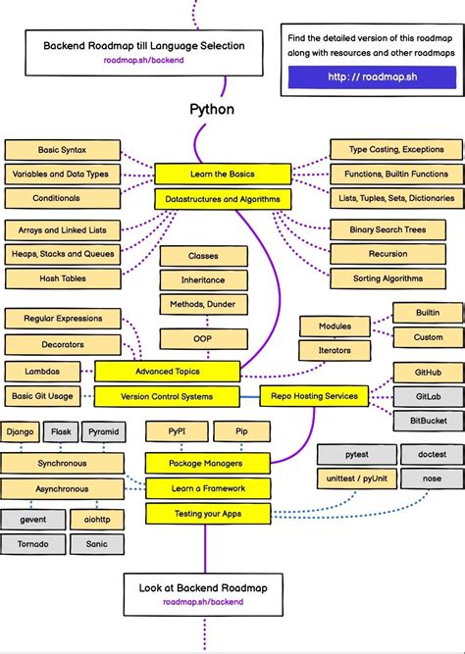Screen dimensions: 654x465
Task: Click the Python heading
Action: [211, 109]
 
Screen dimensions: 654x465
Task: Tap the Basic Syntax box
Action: [62, 150]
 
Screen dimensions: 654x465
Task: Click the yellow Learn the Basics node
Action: [223, 175]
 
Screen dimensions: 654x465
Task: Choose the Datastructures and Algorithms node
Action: [223, 199]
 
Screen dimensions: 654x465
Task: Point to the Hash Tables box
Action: [62, 278]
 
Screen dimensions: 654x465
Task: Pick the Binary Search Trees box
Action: [388, 229]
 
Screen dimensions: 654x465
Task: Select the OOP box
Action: [203, 338]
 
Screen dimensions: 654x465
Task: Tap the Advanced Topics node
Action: [167, 372]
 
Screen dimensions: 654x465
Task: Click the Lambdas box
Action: [44, 372]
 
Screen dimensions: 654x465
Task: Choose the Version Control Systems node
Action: [167, 397]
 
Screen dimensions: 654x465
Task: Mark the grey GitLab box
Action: [428, 397]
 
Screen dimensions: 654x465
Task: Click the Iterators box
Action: [335, 350]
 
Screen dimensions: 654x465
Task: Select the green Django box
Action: [21, 431]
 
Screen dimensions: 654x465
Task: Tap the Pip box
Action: [241, 431]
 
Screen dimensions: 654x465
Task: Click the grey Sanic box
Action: [96, 543]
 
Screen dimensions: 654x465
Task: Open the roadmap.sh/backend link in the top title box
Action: [143, 60]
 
